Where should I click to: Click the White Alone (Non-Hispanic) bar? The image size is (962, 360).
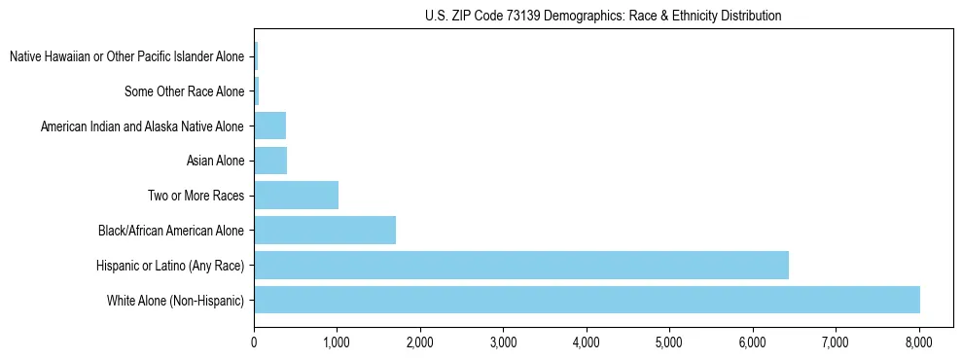[x=587, y=300]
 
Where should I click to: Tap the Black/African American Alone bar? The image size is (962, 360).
[x=325, y=231]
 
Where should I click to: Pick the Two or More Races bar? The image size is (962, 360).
[x=296, y=196]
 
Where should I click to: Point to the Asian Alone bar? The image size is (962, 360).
[x=270, y=161]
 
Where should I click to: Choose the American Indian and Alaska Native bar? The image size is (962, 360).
[x=269, y=126]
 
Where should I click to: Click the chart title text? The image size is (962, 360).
[x=603, y=16]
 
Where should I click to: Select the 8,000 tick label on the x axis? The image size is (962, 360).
[x=919, y=342]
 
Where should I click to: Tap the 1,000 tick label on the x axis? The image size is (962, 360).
[x=337, y=342]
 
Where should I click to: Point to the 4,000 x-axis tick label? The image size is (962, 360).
[x=587, y=342]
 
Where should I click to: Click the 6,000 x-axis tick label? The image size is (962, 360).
[x=753, y=342]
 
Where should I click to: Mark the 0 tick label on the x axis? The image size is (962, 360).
[x=254, y=342]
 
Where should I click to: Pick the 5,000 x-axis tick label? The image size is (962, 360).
[x=669, y=342]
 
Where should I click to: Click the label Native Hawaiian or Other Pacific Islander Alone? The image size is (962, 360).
[x=126, y=56]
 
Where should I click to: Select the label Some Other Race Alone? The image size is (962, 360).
[x=184, y=91]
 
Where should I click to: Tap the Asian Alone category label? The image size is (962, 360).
[x=215, y=161]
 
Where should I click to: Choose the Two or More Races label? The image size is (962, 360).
[x=196, y=196]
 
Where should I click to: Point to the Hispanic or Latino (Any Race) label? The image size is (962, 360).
[x=170, y=265]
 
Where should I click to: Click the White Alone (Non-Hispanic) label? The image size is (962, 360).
[x=175, y=300]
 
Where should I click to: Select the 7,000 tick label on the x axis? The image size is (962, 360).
[x=836, y=342]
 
